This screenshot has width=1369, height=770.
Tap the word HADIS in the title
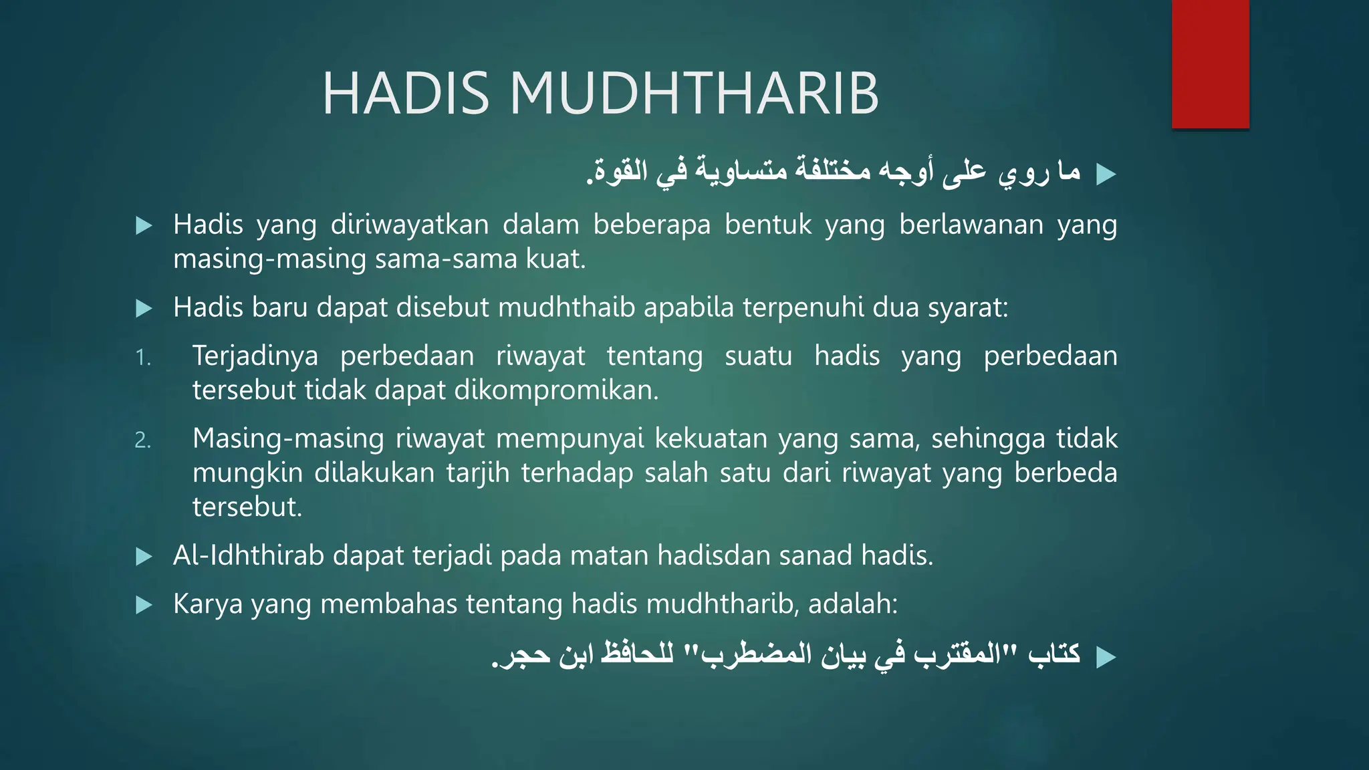click(x=406, y=94)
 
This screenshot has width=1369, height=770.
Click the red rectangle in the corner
click(x=1210, y=64)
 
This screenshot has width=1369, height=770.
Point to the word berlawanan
click(x=971, y=225)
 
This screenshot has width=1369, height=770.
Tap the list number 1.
click(x=143, y=358)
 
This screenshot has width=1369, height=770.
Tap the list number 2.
click(x=143, y=440)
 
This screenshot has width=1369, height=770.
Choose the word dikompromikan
click(x=556, y=390)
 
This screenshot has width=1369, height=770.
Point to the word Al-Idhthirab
click(x=248, y=555)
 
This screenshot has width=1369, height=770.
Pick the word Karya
click(x=207, y=604)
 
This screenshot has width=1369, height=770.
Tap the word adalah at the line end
click(x=852, y=604)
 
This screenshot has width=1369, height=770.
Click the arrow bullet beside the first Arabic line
click(x=1106, y=175)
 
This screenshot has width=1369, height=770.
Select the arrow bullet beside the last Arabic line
click(x=1106, y=658)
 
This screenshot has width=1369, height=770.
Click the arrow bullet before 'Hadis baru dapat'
click(x=144, y=308)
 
